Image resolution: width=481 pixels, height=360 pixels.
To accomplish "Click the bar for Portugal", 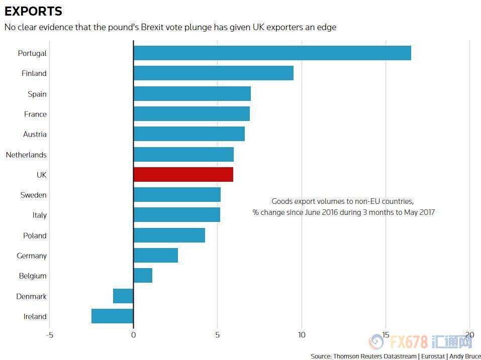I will tap(272, 53).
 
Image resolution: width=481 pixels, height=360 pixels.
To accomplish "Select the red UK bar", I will tap(183, 175).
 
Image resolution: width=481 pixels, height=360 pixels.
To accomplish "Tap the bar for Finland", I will tap(213, 73).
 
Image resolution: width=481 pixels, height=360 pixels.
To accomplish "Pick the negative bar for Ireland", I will tap(112, 316).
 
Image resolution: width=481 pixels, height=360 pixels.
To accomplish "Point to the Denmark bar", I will tap(123, 296).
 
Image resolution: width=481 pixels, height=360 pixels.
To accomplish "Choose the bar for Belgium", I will tap(143, 276).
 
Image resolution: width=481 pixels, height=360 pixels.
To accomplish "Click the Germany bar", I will tap(155, 256).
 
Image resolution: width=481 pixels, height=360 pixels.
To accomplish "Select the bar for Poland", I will tap(169, 235).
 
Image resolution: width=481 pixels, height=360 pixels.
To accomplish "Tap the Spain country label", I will tap(37, 94).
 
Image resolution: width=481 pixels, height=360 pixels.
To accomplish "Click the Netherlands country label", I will tap(26, 155).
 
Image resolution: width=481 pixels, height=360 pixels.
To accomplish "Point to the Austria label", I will tap(35, 134).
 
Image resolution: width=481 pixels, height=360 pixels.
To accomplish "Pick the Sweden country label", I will tap(33, 195).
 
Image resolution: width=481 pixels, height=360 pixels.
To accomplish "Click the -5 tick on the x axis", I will tap(49, 335).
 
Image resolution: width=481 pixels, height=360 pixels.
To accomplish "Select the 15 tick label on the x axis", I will tap(386, 335).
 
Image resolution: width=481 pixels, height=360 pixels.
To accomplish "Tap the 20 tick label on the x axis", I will tap(469, 335).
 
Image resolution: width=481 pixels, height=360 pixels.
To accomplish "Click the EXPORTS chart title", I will tap(33, 11).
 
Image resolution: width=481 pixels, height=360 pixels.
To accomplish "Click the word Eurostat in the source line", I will tap(432, 356).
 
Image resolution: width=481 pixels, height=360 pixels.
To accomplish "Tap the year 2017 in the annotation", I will tap(426, 212).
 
